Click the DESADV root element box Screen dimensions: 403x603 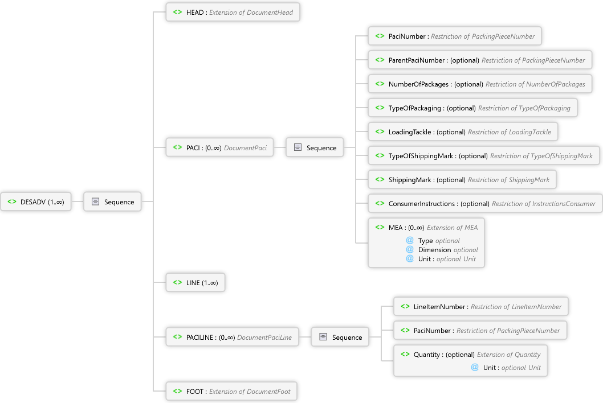pyautogui.click(x=36, y=201)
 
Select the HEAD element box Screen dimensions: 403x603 pyautogui.click(x=233, y=13)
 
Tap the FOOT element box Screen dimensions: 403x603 pyautogui.click(x=231, y=392)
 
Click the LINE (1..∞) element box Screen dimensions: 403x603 pyautogui.click(x=195, y=283)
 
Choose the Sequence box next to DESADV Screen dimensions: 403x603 pyautogui.click(x=112, y=201)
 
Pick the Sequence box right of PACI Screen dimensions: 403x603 pyautogui.click(x=315, y=148)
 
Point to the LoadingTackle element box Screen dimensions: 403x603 pyautogui.click(x=463, y=132)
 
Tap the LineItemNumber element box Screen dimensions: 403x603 pyautogui.click(x=481, y=307)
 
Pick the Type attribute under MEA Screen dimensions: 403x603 pyautogui.click(x=425, y=241)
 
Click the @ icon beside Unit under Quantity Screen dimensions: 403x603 pyautogui.click(x=474, y=367)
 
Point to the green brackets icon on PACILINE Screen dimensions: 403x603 pyautogui.click(x=177, y=337)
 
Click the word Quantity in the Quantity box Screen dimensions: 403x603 pyautogui.click(x=427, y=355)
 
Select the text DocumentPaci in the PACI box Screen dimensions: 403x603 pyautogui.click(x=245, y=148)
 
